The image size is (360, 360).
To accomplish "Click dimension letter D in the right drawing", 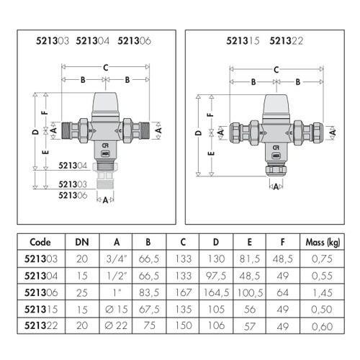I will coord(199,133).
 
